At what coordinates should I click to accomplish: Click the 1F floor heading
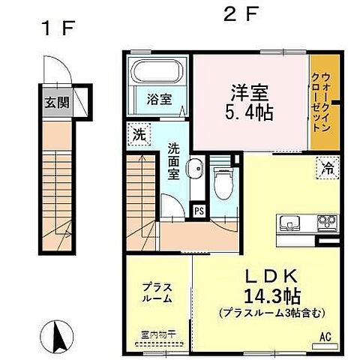coord(57,29)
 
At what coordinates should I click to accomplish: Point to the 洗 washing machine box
coord(138,136)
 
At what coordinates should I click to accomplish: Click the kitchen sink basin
coord(290,223)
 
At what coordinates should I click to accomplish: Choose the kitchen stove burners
coord(328,223)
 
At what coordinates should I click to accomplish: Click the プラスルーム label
coord(158,292)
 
